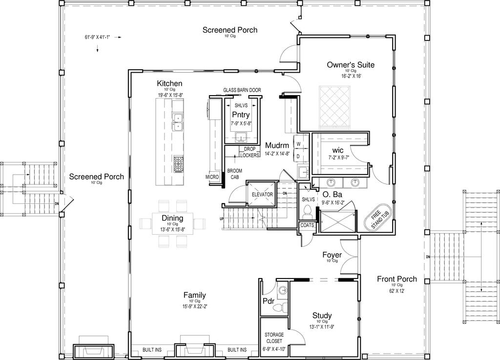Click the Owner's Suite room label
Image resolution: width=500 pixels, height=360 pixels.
click(351, 65)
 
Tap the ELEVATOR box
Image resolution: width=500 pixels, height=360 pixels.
click(262, 194)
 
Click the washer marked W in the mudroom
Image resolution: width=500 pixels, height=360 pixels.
click(298, 144)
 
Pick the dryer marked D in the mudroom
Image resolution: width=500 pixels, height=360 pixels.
click(298, 157)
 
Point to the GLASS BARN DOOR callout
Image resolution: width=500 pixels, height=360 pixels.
click(242, 90)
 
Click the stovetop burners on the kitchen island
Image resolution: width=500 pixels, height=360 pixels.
click(179, 164)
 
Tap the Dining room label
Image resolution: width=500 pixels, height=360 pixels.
click(172, 218)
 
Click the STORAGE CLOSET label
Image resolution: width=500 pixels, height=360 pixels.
click(274, 338)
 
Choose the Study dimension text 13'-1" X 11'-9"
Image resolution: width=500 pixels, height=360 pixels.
click(322, 326)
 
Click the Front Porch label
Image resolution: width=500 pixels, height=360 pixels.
click(397, 279)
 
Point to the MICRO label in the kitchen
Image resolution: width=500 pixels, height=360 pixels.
click(212, 177)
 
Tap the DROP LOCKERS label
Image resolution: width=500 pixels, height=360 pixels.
click(250, 152)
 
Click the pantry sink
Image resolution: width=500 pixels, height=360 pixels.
click(241, 137)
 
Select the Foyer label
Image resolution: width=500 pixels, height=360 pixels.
click(332, 255)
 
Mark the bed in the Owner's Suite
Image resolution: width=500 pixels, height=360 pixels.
click(335, 107)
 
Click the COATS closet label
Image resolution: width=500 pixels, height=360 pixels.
click(307, 225)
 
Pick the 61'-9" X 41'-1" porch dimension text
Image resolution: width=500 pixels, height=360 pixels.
click(97, 37)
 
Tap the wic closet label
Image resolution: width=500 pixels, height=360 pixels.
click(338, 150)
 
